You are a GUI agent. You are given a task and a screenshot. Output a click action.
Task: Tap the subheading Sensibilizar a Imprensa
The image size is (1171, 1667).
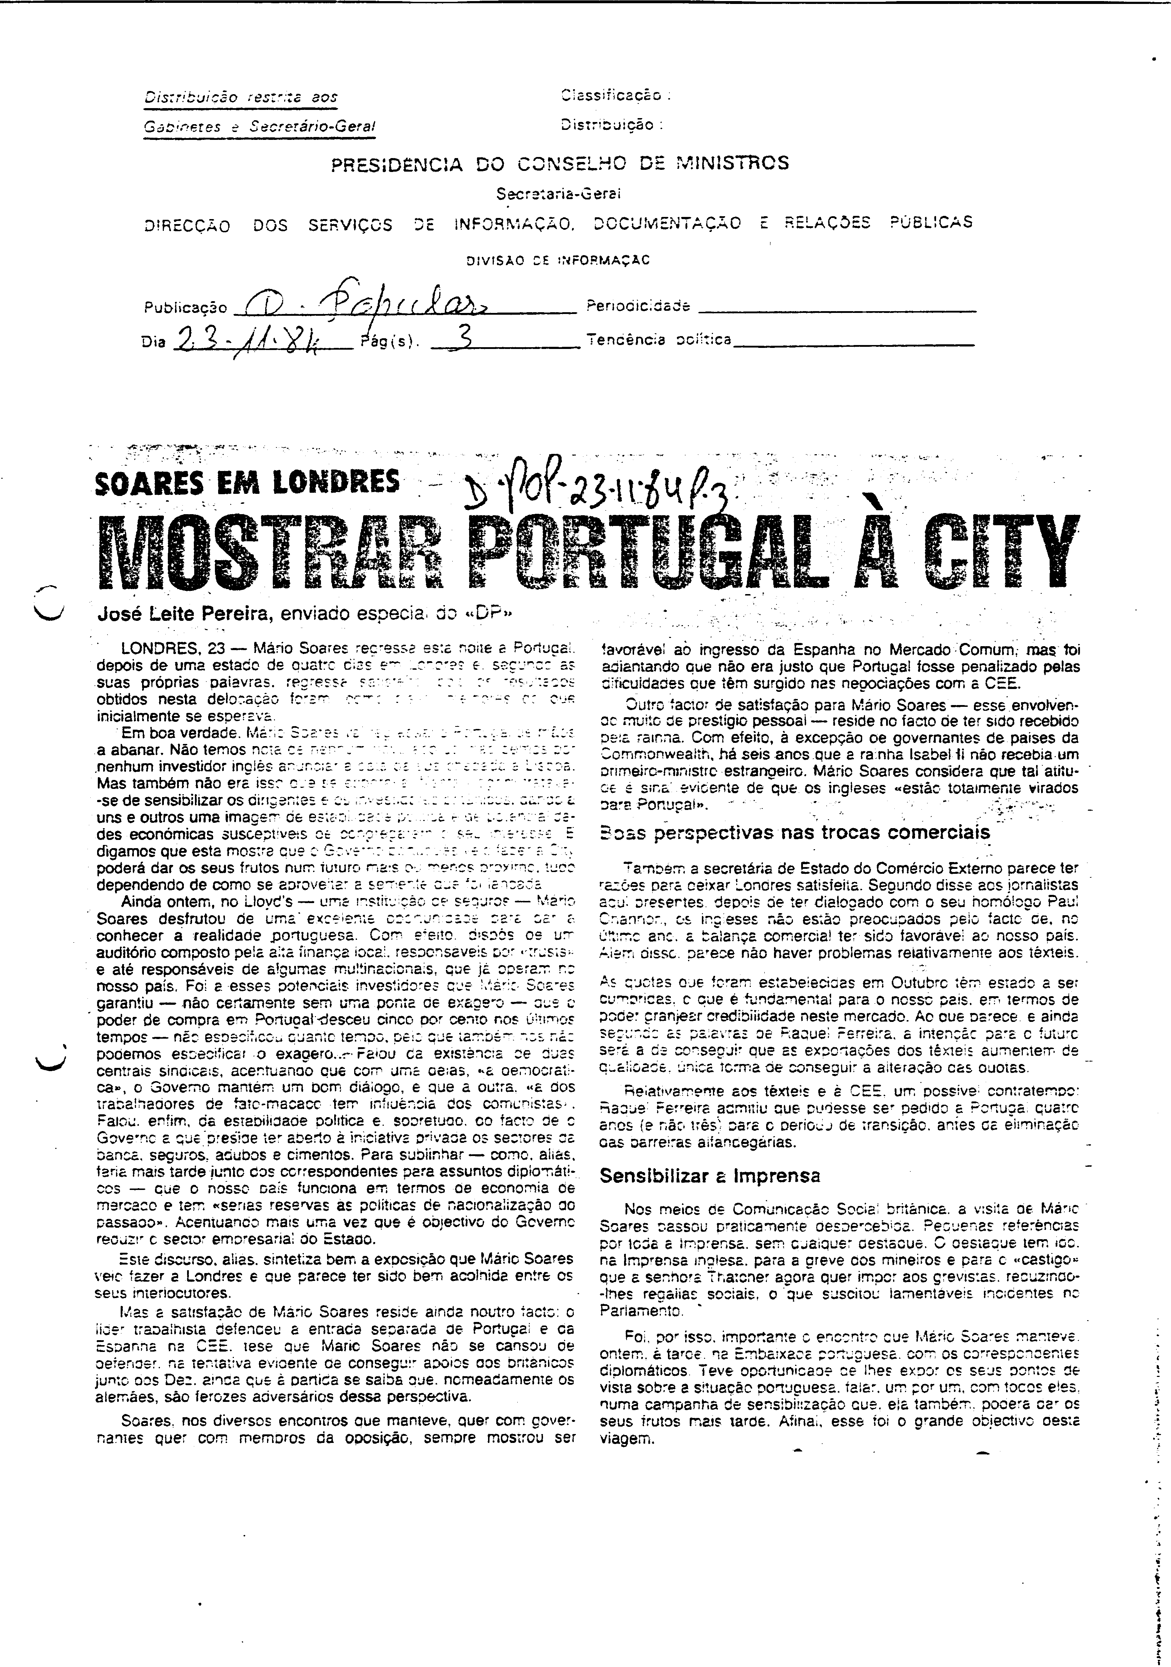click(x=710, y=1176)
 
